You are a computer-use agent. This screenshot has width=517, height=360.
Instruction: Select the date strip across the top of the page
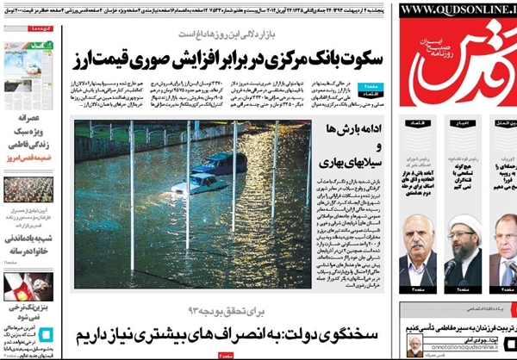pos(198,8)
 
